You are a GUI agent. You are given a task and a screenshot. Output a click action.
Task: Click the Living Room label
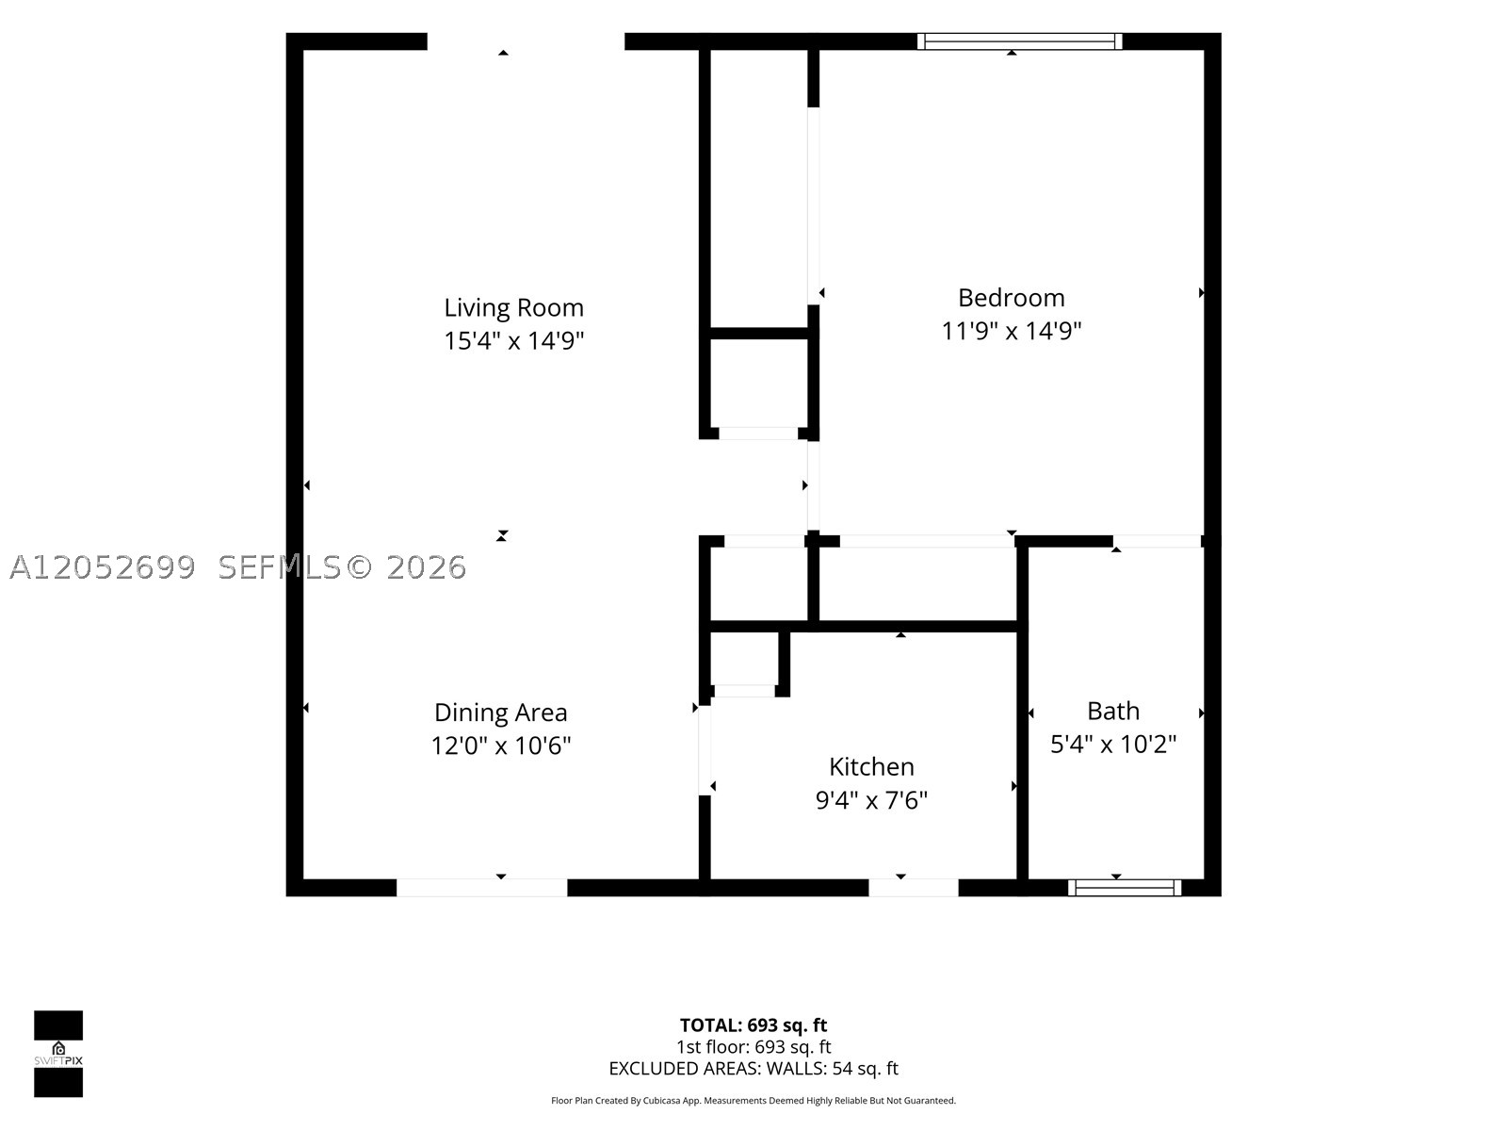[x=513, y=307]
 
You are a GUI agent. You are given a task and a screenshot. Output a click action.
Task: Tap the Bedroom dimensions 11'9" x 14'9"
[x=1011, y=331]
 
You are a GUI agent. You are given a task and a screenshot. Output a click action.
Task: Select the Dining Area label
[x=500, y=713]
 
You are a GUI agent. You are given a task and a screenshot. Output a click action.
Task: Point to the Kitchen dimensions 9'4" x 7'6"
[x=871, y=800]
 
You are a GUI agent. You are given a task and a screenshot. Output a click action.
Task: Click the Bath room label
[x=1113, y=711]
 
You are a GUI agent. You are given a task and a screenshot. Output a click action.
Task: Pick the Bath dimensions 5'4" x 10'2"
[x=1113, y=744]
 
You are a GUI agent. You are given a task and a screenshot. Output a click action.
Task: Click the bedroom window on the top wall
[x=1019, y=41]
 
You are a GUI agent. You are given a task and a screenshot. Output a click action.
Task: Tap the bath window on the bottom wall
[x=1125, y=888]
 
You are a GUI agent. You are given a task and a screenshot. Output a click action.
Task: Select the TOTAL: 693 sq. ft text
[x=753, y=1025]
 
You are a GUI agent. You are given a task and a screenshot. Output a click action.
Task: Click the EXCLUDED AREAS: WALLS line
[x=753, y=1069]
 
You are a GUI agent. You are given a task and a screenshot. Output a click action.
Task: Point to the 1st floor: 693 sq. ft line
[x=753, y=1047]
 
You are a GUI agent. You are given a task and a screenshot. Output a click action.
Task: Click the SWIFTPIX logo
[x=58, y=1054]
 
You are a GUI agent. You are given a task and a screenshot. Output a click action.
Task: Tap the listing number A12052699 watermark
[x=103, y=567]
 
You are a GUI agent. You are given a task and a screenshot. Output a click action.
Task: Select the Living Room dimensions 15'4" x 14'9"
[x=513, y=340]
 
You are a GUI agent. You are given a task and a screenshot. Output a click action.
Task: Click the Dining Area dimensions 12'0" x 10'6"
[x=500, y=746]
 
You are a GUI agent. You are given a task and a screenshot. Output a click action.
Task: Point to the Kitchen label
[x=871, y=766]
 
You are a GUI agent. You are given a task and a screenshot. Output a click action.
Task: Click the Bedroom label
[x=1011, y=297]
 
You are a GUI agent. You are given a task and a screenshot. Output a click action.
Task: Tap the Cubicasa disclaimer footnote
[x=753, y=1101]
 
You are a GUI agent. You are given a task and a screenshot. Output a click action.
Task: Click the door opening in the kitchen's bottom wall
[x=913, y=888]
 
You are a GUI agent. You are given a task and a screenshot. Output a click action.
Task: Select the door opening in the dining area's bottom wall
[x=482, y=888]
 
